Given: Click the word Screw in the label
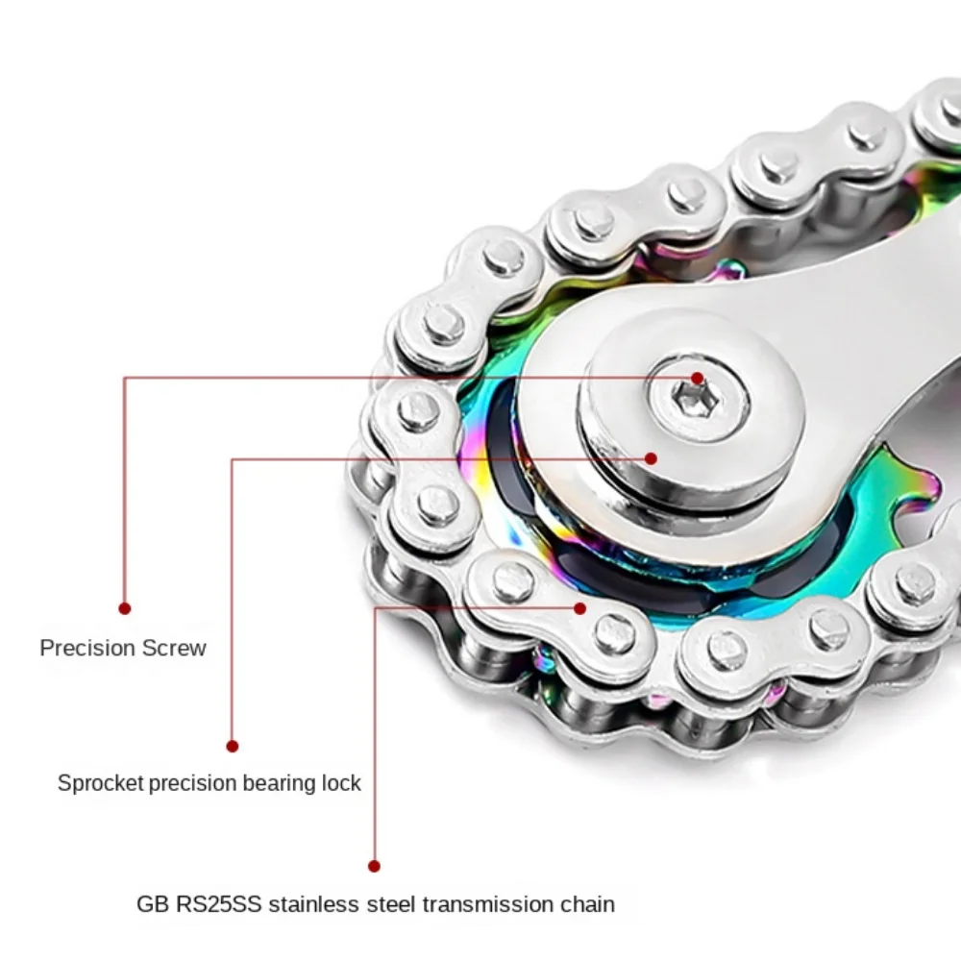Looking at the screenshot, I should pos(175,648).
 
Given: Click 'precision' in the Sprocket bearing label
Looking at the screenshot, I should pos(183,782).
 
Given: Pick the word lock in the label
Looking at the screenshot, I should pos(339,782).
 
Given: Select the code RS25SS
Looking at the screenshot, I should pos(218,904).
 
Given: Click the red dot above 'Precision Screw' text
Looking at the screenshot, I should pos(125,608).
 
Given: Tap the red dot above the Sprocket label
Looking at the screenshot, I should pos(232,745).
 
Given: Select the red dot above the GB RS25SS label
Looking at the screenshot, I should pos(374,866).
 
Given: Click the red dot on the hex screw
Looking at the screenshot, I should pos(697,378).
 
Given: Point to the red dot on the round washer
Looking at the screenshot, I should pos(651,458).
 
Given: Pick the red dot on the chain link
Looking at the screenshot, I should pos(579,607).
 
